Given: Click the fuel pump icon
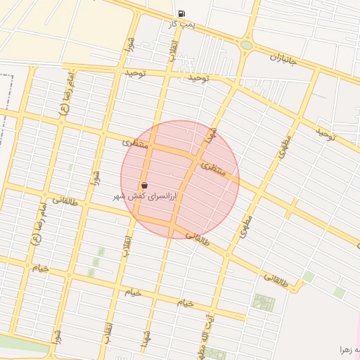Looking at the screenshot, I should point(182,13).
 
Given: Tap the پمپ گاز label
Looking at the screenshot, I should point(181,24).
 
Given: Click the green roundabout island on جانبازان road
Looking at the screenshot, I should point(246,45).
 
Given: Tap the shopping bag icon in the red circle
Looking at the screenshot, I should point(144,186).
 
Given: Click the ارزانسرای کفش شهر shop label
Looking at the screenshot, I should point(146,198).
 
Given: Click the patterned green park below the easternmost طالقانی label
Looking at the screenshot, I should point(264,302).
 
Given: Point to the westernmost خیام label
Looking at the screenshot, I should point(39,267).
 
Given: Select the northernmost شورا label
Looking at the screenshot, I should point(129,46).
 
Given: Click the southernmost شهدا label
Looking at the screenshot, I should point(146,341).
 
